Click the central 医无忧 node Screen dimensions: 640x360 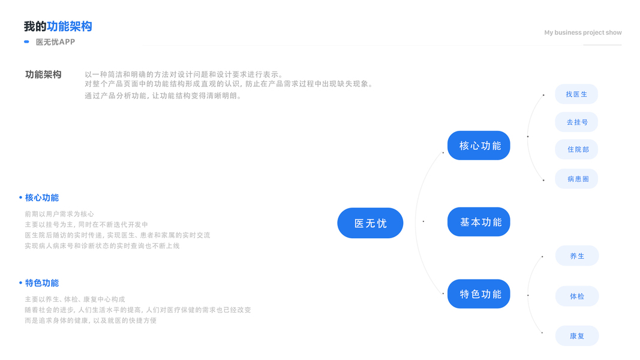point(370,223)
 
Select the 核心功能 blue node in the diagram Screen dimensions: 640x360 point(479,146)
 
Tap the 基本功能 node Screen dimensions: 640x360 point(479,222)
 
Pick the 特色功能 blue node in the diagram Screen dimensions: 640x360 point(479,294)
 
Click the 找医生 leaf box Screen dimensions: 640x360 point(576,94)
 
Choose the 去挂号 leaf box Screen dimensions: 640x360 point(576,122)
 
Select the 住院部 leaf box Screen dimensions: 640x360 point(576,149)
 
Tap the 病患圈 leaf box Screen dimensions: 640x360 point(576,179)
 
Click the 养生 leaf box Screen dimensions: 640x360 point(576,256)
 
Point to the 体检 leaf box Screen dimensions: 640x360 point(576,296)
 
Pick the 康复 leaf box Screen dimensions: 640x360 point(576,336)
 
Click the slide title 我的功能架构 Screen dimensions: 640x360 point(58,26)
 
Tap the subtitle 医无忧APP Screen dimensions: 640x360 point(55,42)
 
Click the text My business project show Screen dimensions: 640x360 point(582,32)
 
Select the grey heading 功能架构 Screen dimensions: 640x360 point(43,74)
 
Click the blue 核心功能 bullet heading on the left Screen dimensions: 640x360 point(41,197)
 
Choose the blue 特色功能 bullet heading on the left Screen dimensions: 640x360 point(41,283)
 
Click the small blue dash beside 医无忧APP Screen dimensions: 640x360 point(26,42)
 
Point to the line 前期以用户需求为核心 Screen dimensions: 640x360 point(59,214)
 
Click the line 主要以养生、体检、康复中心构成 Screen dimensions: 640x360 point(75,299)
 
